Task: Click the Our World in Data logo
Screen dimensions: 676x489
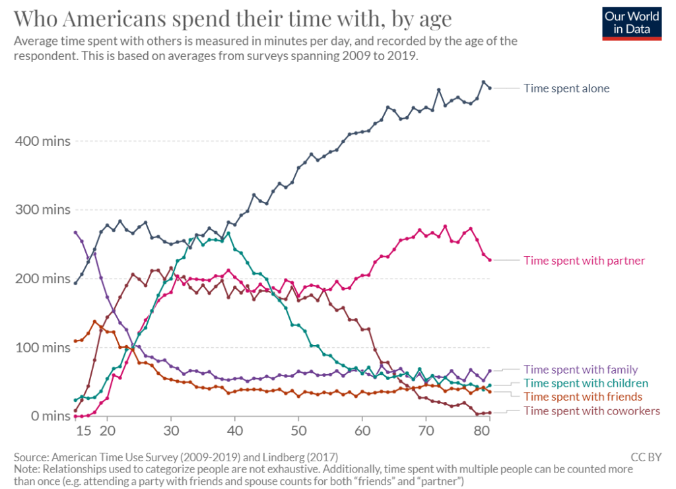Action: pos(632,24)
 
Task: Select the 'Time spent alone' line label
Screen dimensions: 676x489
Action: pos(566,88)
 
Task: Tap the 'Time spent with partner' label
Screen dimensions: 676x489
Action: pos(584,261)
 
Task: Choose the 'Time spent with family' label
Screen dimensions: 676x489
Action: pos(581,370)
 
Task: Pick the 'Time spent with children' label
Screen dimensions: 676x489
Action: pos(586,383)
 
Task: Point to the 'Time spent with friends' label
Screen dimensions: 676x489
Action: pos(583,397)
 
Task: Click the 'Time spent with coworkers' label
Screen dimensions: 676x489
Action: pos(592,410)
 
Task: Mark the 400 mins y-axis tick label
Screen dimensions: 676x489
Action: pos(43,141)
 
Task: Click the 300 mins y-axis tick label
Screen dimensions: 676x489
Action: pos(43,210)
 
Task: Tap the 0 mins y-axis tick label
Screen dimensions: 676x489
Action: pos(50,416)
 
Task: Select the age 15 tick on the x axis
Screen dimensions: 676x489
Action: pos(84,430)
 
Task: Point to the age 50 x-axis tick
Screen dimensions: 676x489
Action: pos(298,430)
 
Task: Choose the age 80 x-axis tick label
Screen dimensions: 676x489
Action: pos(481,430)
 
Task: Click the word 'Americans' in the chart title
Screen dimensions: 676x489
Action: pos(116,19)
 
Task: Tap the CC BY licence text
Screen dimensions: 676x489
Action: pos(646,457)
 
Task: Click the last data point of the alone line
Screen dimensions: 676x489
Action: pos(490,88)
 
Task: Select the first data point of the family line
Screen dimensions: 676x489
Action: pos(75,233)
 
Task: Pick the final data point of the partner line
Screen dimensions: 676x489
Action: pos(490,260)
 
